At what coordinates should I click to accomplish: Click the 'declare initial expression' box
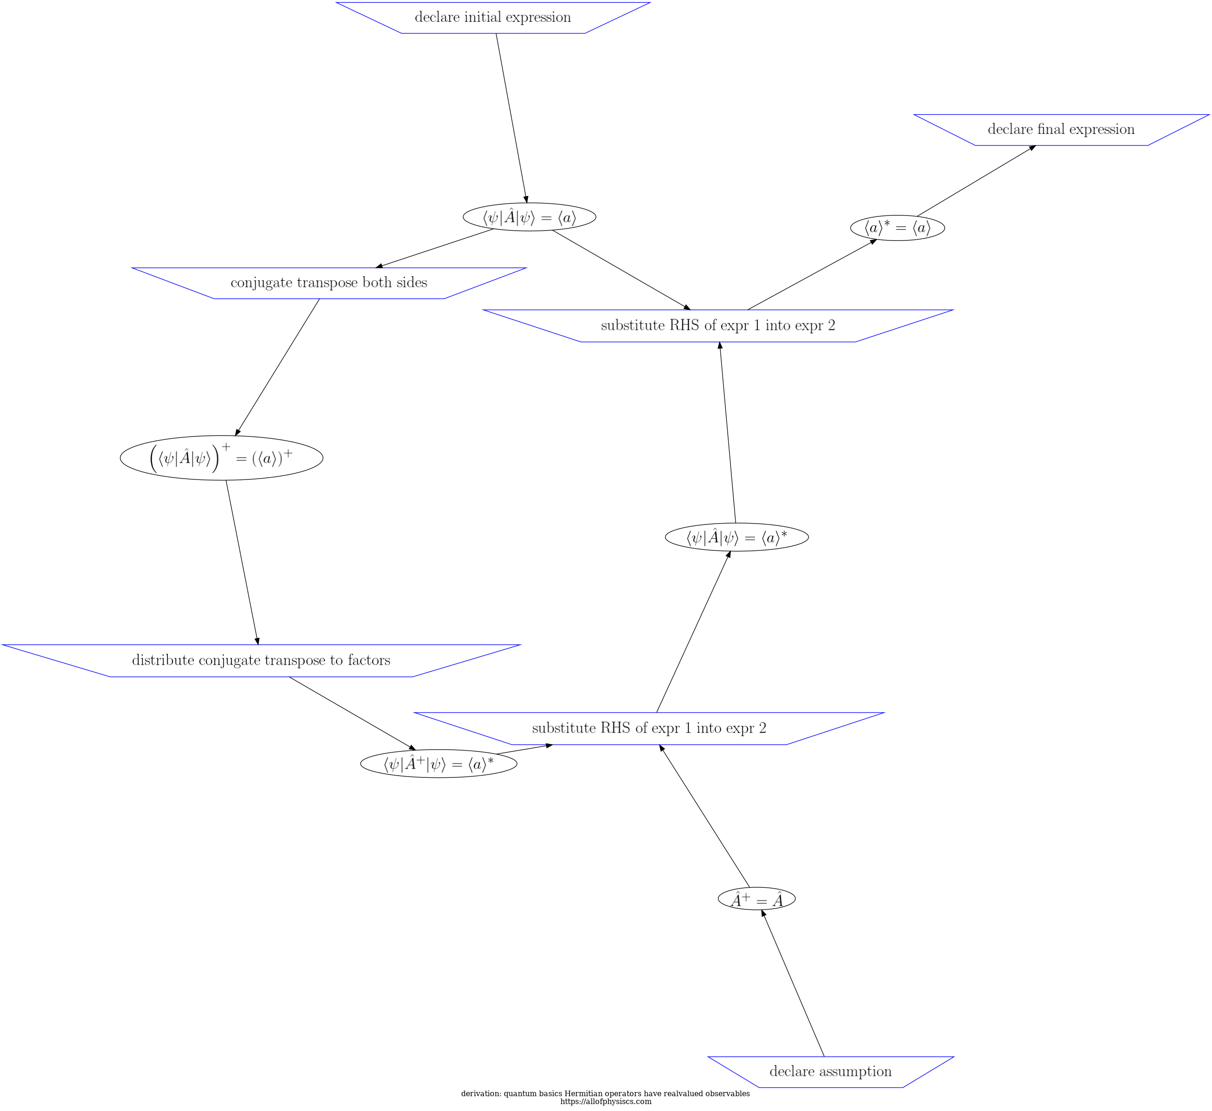pyautogui.click(x=493, y=18)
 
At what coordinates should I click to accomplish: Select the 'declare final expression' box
pyautogui.click(x=1060, y=129)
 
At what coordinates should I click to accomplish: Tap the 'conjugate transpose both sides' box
pyautogui.click(x=329, y=283)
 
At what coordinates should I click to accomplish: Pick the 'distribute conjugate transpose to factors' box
pyautogui.click(x=261, y=660)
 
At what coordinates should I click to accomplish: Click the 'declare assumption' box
pyautogui.click(x=830, y=1071)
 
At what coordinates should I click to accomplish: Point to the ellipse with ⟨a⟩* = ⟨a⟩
pyautogui.click(x=897, y=228)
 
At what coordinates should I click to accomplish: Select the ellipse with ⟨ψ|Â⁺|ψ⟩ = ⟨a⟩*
pyautogui.click(x=438, y=764)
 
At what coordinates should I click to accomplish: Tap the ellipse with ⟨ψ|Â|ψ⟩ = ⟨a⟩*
pyautogui.click(x=736, y=537)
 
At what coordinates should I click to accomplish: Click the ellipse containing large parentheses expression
pyautogui.click(x=222, y=457)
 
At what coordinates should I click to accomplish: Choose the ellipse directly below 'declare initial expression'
pyautogui.click(x=529, y=217)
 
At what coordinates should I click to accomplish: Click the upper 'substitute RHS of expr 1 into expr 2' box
pyautogui.click(x=717, y=326)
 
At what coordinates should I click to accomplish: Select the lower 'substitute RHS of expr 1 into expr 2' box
pyautogui.click(x=649, y=728)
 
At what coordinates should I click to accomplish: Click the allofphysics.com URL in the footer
pyautogui.click(x=605, y=1101)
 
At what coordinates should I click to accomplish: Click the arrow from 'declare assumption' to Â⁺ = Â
pyautogui.click(x=793, y=983)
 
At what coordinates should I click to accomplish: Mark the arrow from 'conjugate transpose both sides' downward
pyautogui.click(x=277, y=367)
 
